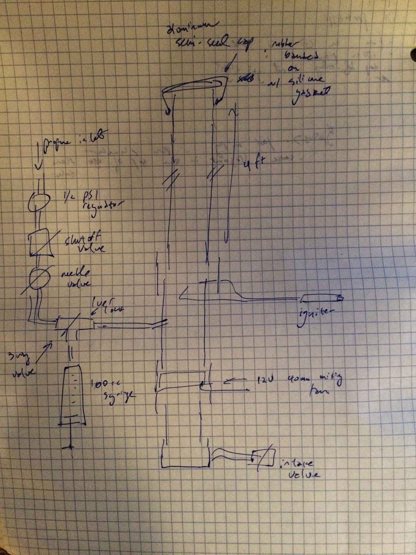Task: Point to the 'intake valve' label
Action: pyautogui.click(x=300, y=468)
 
